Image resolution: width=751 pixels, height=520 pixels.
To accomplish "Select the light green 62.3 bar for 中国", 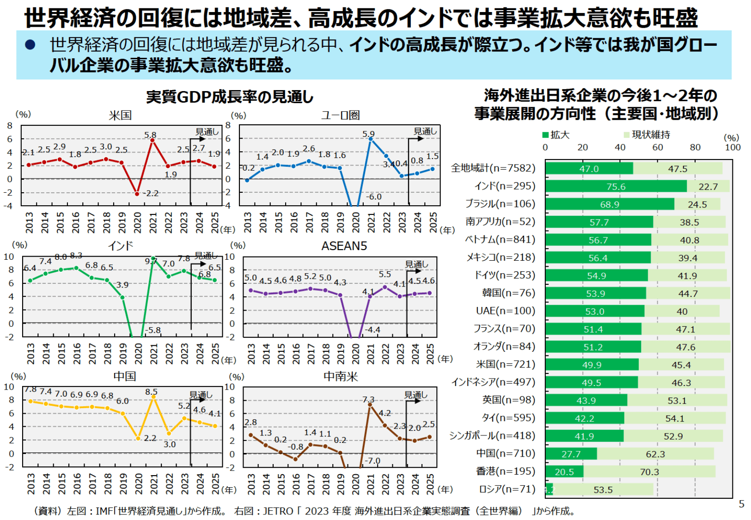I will point(655,454).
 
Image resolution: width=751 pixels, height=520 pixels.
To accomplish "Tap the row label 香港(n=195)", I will point(506,471).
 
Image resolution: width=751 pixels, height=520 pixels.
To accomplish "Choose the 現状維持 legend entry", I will point(647,135).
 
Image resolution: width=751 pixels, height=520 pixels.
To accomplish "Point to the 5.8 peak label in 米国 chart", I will point(150,135).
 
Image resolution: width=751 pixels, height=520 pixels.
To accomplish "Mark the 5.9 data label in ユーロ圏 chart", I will point(368,134).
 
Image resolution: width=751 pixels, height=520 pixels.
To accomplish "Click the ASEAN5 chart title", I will point(344,246).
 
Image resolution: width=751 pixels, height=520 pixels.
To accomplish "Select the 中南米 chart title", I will point(341,376).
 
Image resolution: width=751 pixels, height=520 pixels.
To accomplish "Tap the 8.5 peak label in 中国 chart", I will point(151,392).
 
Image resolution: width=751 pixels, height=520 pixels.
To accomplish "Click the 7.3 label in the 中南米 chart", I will point(368,399).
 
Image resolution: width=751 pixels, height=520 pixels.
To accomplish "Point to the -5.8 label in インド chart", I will point(153,330).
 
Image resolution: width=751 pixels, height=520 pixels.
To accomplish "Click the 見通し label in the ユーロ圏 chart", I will point(425,131).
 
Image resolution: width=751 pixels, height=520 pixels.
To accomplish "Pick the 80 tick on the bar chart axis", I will point(695,147).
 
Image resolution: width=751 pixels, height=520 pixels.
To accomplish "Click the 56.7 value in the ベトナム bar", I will point(598,240).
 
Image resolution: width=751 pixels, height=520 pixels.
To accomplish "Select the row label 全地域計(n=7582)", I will point(493,168).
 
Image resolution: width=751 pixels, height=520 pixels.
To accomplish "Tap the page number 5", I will point(742,504).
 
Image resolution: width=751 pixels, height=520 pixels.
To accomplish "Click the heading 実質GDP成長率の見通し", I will point(230,97).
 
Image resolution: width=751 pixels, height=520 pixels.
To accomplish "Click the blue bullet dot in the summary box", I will point(31,45).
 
